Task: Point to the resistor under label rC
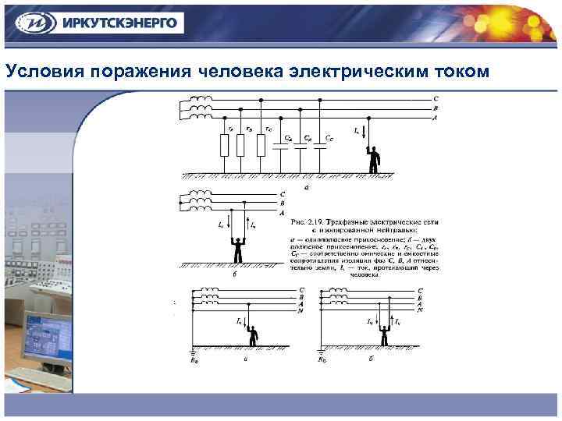coord(260,146)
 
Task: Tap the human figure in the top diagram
coord(375,159)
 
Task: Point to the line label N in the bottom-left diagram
coord(301,310)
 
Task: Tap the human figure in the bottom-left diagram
coord(252,335)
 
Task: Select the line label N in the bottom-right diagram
coord(421,310)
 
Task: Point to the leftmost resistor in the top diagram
coord(225,146)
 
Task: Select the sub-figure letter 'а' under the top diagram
coord(306,187)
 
